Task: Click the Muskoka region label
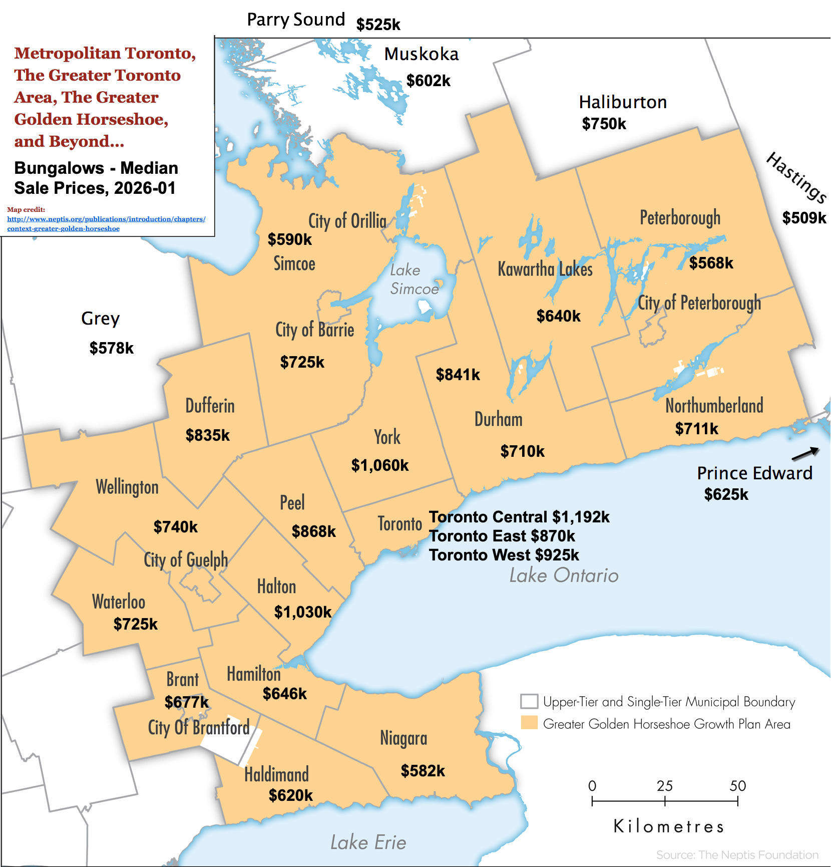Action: coord(421,54)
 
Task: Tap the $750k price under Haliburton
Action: coord(604,124)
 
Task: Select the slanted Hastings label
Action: coord(796,177)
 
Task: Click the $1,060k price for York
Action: coord(380,465)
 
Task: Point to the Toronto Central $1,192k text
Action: coord(519,517)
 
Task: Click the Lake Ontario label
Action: coord(564,575)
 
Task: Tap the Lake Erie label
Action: coord(368,842)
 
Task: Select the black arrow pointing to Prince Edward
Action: coord(805,454)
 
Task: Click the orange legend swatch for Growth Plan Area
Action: coord(529,723)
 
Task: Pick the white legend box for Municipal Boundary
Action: coord(529,701)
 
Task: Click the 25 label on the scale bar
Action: coord(664,786)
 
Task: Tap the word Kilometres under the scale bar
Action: coord(669,826)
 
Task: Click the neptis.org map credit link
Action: coord(106,223)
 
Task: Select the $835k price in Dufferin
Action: coord(207,435)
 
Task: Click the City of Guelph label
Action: coord(186,559)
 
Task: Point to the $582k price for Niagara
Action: coord(423,771)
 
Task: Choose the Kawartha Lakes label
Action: coord(545,269)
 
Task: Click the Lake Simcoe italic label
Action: coord(413,279)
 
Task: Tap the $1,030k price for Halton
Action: coord(303,612)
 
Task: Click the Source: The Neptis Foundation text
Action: coord(737,855)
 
